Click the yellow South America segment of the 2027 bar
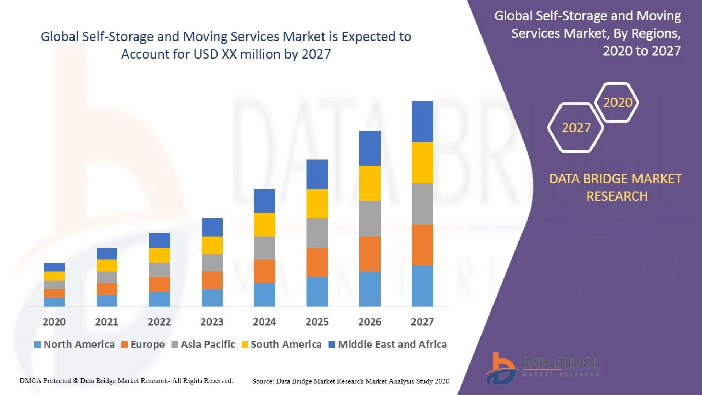[422, 162]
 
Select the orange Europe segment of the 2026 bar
[370, 254]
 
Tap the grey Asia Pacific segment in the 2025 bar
[317, 233]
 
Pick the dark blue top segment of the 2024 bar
[264, 201]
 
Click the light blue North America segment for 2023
[212, 298]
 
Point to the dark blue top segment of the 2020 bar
[54, 267]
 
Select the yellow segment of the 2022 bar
[159, 255]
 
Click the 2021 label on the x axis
[106, 322]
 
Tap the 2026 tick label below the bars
[370, 322]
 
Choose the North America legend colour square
[37, 345]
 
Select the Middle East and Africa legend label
[392, 345]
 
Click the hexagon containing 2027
[576, 128]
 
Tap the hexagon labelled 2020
[617, 102]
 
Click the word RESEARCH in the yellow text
[617, 196]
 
